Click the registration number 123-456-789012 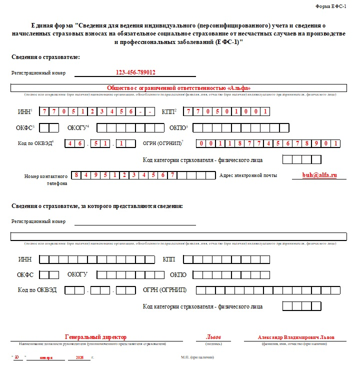(x=135, y=72)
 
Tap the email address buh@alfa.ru (x=319, y=175)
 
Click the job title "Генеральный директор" (x=96, y=337)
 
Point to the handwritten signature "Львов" (x=213, y=337)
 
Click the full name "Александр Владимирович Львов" (x=296, y=337)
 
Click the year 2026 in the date (x=79, y=358)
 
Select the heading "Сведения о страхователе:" (x=46, y=57)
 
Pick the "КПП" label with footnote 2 (x=169, y=111)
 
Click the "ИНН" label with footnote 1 (x=25, y=111)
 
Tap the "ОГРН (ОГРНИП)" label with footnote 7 (x=163, y=143)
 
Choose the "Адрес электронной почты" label (x=248, y=175)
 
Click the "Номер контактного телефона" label (x=46, y=179)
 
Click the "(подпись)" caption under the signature (x=213, y=344)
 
